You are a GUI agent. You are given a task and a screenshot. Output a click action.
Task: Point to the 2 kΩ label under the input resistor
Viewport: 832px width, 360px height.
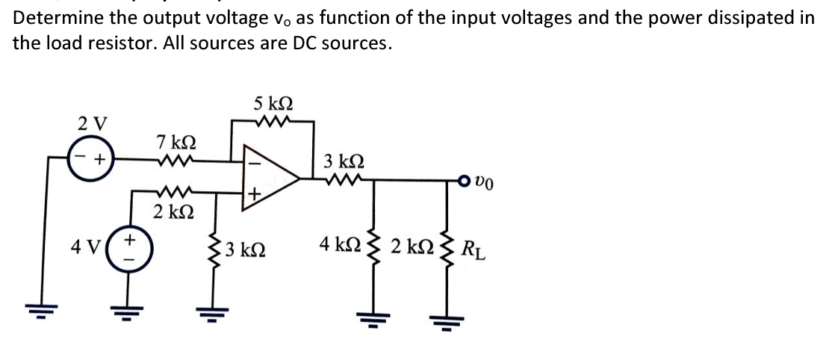[x=173, y=210]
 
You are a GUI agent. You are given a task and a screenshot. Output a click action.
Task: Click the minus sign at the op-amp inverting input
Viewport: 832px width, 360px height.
[x=252, y=160]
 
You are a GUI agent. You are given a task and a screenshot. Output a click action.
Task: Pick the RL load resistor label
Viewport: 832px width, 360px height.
[x=474, y=246]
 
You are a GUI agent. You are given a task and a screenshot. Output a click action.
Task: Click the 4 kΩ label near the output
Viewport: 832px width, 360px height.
[x=336, y=243]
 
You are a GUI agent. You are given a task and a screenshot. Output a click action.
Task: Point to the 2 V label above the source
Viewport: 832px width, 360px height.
[x=93, y=121]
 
